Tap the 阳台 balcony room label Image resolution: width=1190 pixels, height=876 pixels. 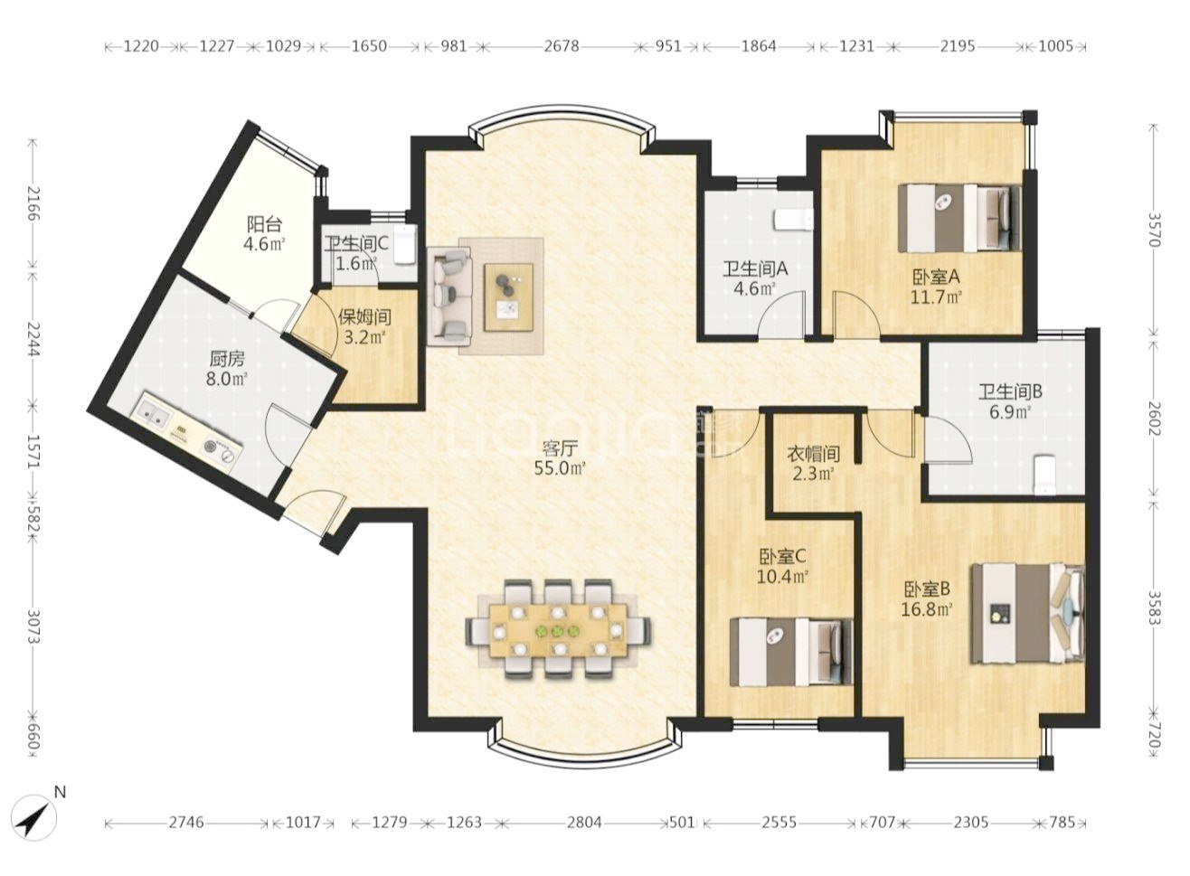(x=264, y=224)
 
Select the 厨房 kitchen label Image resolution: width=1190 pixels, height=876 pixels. (x=227, y=360)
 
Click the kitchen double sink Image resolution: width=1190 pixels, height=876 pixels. (x=152, y=414)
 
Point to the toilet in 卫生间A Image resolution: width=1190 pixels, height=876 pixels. (x=794, y=220)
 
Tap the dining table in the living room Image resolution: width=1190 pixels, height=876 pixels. (x=557, y=631)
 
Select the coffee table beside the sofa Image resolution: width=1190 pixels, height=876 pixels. (x=508, y=297)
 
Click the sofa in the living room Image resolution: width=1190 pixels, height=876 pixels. (x=449, y=296)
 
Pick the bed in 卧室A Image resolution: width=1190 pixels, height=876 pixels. (x=959, y=219)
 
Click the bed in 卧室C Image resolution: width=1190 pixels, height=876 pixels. (x=791, y=652)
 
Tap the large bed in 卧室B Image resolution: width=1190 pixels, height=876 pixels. (x=1027, y=614)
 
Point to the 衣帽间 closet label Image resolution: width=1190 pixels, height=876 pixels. (x=813, y=454)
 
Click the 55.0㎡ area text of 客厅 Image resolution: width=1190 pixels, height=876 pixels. (x=560, y=468)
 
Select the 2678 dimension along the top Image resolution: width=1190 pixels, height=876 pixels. (x=562, y=47)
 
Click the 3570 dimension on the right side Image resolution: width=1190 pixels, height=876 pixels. (x=1152, y=230)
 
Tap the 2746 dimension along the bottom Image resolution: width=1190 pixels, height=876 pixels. (x=186, y=823)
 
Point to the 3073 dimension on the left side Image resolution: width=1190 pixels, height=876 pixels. (x=33, y=627)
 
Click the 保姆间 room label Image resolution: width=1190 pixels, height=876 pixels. (x=365, y=317)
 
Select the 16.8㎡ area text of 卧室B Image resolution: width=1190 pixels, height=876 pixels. (x=927, y=608)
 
